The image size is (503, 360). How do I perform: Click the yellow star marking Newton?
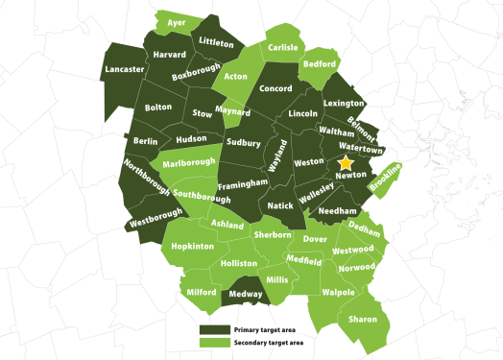tap(345, 164)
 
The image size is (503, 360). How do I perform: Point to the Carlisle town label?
tap(283, 47)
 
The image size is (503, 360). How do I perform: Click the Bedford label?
tap(319, 64)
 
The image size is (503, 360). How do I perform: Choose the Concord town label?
tap(275, 89)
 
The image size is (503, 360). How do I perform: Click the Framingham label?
tap(242, 182)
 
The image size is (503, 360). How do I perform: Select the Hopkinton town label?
tap(192, 247)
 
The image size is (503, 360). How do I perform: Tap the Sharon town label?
tap(362, 318)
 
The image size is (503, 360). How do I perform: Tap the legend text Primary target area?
tap(264, 328)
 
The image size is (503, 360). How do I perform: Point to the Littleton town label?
tap(216, 43)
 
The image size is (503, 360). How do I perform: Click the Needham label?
tap(337, 210)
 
